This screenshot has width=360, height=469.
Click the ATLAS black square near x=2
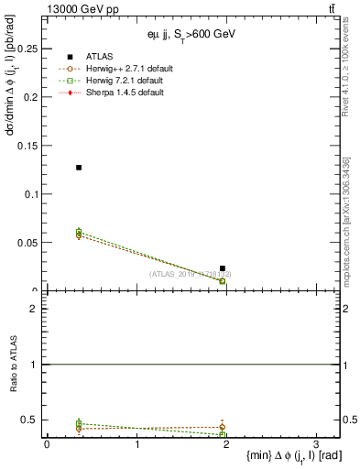pos(223,268)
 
